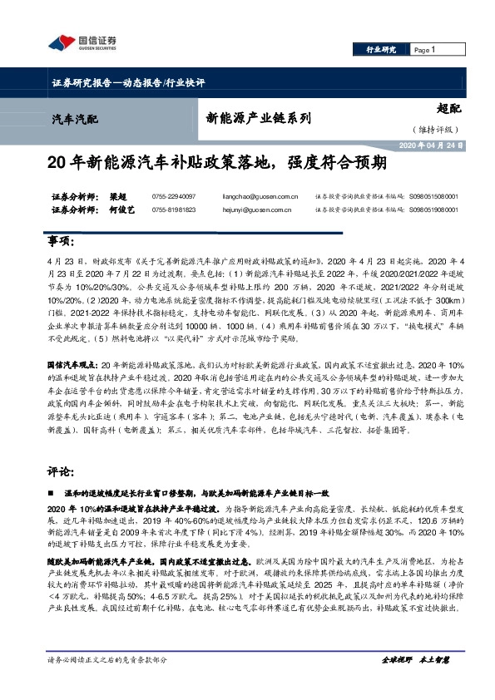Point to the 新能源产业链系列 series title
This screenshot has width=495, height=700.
pyautogui.click(x=258, y=118)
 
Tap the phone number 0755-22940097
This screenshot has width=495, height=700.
pyautogui.click(x=174, y=196)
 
